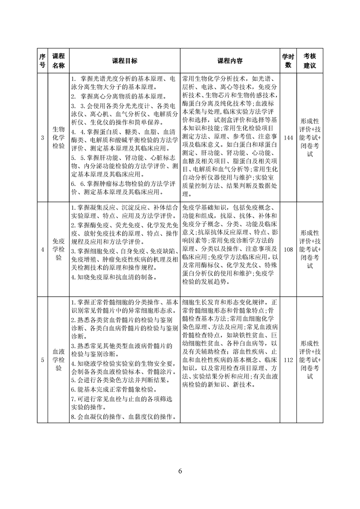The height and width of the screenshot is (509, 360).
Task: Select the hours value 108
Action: click(288, 249)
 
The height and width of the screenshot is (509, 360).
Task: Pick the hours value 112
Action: click(288, 360)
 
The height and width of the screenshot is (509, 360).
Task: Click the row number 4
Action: click(42, 249)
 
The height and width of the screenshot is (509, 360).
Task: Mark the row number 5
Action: click(42, 360)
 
